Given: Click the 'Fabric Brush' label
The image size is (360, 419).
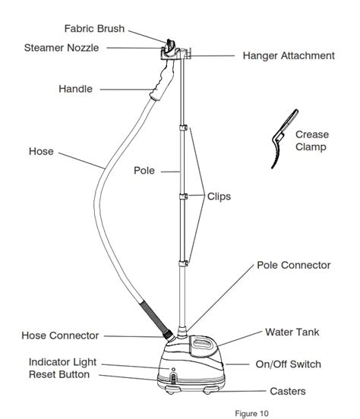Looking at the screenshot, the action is (94, 29).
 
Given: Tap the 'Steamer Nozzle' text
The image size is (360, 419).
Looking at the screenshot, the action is (62, 48).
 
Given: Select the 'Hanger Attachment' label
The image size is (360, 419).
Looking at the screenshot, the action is (289, 56).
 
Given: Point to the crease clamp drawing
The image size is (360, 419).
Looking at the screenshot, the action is (284, 139).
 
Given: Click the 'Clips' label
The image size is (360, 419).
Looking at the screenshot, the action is (219, 197).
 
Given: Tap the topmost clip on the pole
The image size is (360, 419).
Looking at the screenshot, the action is (183, 128).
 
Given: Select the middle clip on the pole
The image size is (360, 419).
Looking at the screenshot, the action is (183, 197).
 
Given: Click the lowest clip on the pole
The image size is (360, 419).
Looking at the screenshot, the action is (183, 263).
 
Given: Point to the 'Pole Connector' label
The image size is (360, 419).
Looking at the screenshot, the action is (294, 265).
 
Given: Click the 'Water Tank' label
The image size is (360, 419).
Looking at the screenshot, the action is (292, 332).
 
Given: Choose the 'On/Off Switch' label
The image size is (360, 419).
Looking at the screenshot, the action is (289, 364).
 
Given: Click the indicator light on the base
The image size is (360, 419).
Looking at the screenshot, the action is (173, 370).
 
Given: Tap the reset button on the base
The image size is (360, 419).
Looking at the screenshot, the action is (173, 379).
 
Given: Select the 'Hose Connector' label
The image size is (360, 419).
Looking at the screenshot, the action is (60, 336).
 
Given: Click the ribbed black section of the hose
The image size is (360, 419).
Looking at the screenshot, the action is (154, 317).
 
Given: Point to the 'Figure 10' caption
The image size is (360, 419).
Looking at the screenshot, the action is (251, 414).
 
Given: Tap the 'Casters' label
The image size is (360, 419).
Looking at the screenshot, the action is (288, 391).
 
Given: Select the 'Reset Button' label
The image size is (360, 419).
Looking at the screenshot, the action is (59, 374).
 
